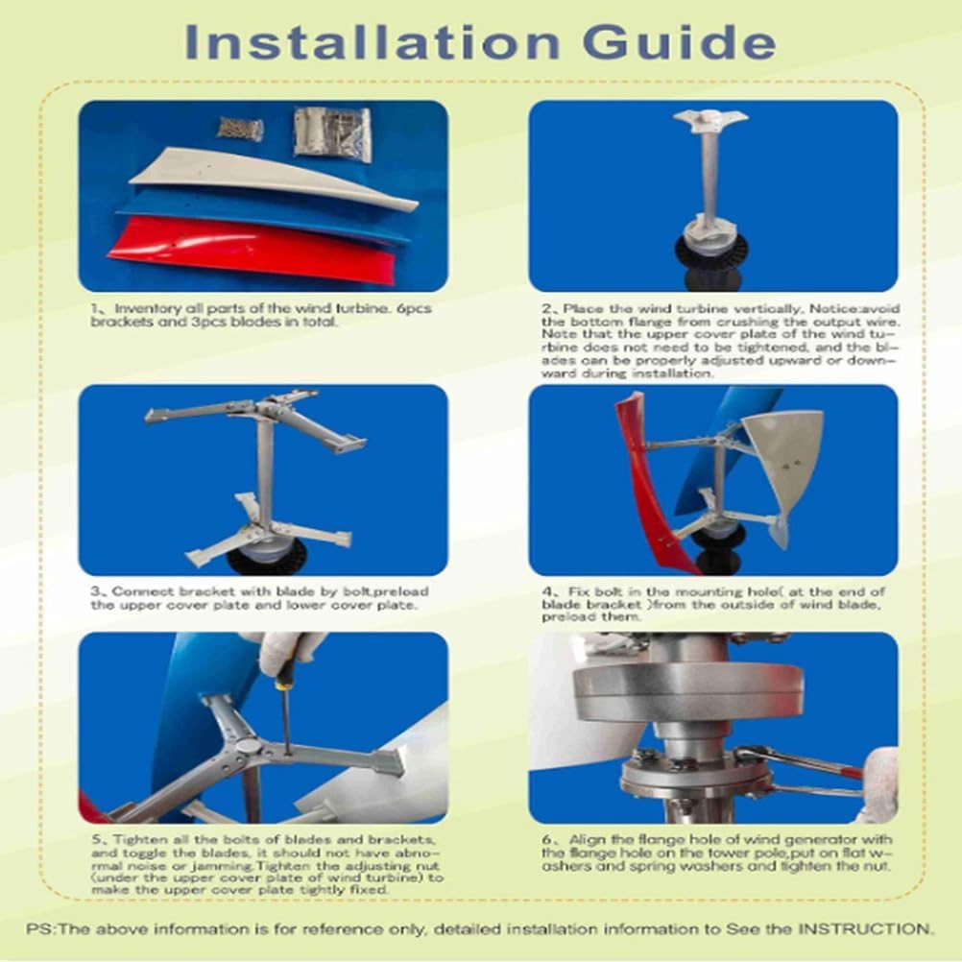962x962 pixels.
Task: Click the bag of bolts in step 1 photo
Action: [239, 128]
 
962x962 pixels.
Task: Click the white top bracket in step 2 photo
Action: [709, 119]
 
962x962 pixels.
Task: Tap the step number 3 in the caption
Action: [92, 590]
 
